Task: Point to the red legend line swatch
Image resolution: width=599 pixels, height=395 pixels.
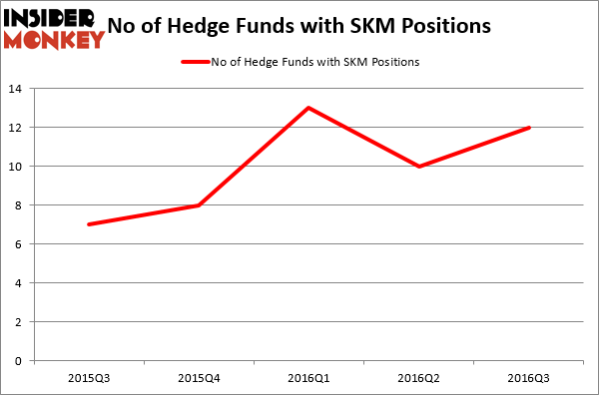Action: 195,63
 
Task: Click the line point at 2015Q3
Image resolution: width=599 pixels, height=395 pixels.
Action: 89,224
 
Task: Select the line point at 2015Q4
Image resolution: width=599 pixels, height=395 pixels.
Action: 199,205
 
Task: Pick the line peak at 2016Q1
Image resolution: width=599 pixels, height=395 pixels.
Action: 308,108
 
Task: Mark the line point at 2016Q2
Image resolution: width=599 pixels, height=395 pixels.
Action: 418,167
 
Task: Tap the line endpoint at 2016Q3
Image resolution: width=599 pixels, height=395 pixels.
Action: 528,128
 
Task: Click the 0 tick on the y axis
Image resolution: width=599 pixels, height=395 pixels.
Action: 21,361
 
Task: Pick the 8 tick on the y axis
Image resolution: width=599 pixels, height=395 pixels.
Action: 21,205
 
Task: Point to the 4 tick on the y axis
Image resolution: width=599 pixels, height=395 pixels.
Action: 21,283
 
